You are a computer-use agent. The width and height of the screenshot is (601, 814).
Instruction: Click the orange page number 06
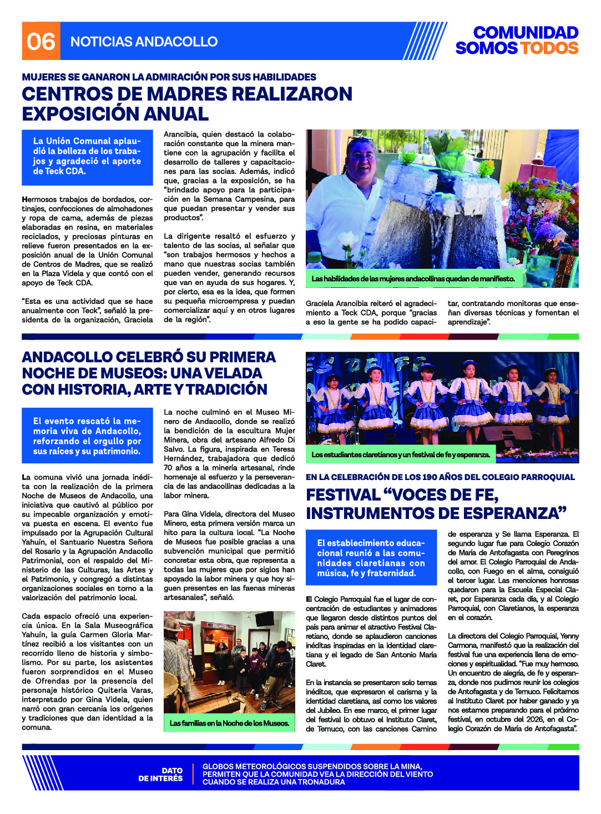[x=41, y=41]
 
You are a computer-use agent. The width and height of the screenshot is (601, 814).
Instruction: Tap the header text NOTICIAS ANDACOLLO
[x=144, y=42]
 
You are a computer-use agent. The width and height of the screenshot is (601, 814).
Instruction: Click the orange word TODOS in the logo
[x=548, y=48]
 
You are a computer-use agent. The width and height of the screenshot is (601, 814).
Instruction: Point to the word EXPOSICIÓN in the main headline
[x=80, y=114]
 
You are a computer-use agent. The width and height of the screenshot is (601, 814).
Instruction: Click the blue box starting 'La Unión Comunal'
[x=87, y=157]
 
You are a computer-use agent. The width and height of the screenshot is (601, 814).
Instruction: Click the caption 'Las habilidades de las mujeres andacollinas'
[x=413, y=278]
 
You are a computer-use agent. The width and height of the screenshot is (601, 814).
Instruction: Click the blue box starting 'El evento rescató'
[x=87, y=436]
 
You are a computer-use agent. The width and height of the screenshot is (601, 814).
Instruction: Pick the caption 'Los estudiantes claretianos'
[x=400, y=455]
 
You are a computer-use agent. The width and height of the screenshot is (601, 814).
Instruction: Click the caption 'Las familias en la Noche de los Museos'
[x=229, y=723]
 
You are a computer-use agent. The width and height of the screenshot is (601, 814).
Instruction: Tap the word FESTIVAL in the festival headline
[x=343, y=495]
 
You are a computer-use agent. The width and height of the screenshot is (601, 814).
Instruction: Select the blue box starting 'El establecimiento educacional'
[x=371, y=558]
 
